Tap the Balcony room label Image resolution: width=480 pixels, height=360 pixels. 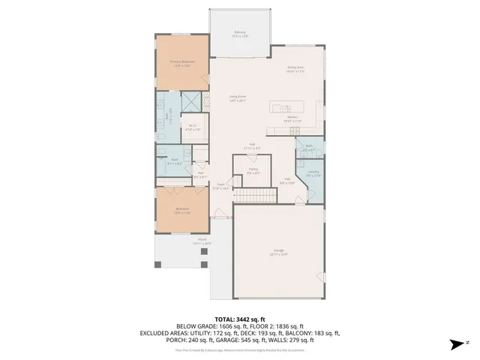coord(240,34)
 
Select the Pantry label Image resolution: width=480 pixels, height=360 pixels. coord(254,170)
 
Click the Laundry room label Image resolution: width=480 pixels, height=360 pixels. coord(313,173)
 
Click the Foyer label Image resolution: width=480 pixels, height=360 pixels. coord(220,187)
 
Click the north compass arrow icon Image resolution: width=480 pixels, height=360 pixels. coord(454,345)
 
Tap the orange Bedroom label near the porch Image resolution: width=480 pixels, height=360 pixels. coord(182,210)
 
